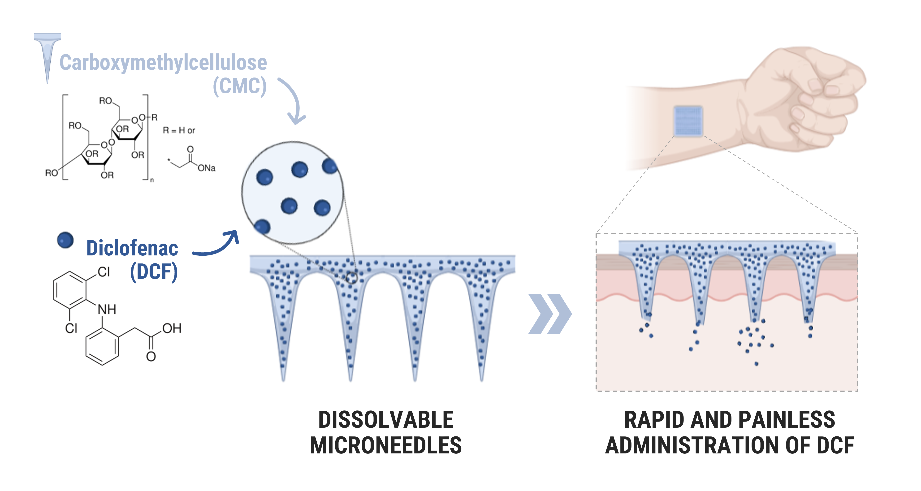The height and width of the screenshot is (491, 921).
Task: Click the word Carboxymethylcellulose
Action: pos(163,63)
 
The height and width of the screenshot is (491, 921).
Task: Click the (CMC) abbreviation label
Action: pos(240,86)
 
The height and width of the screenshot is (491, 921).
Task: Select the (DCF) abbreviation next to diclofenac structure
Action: pos(154,271)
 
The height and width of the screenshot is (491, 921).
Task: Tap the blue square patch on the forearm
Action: pos(688,121)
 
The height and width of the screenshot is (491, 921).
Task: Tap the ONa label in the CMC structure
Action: pos(206,168)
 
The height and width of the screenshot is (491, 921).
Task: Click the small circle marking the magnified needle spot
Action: pos(351,278)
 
